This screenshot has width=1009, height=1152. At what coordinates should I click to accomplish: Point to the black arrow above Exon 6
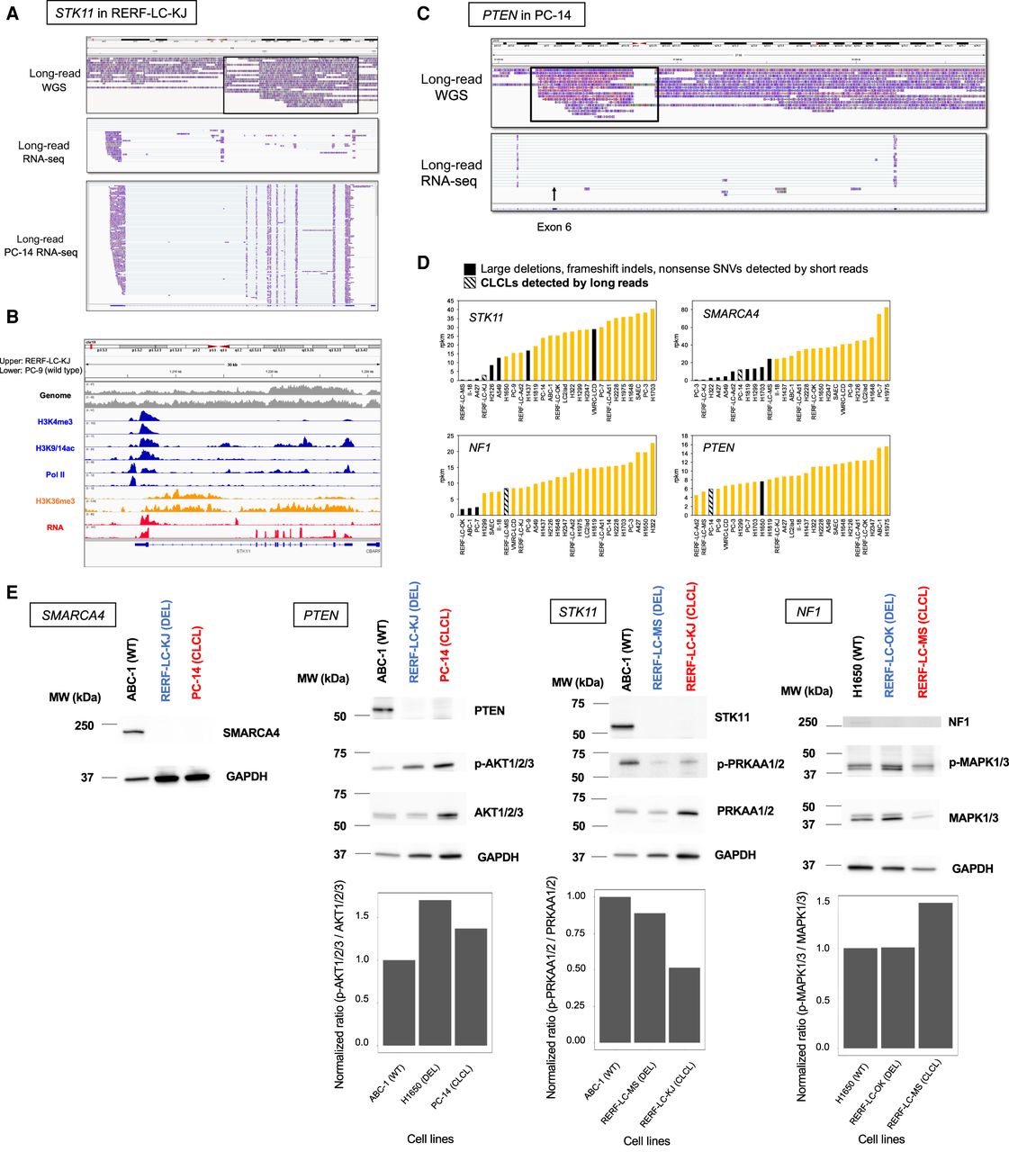point(554,193)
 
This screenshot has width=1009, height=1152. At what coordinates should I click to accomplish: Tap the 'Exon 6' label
point(554,227)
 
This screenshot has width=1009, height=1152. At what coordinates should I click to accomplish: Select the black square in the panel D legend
point(470,269)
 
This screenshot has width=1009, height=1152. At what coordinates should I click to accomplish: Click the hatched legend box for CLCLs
point(470,283)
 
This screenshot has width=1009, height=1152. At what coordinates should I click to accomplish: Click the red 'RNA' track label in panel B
point(54,527)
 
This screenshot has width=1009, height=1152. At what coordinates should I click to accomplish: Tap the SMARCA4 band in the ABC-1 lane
point(133,732)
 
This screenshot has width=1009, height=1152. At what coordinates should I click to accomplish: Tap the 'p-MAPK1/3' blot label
point(977,762)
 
